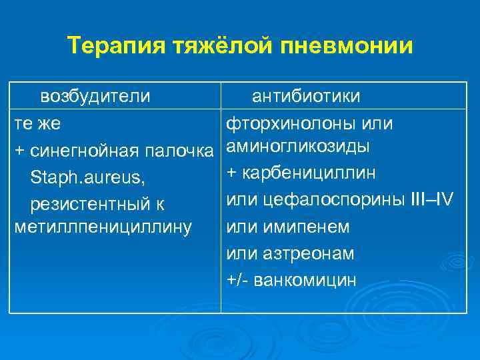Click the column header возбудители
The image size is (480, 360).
coord(95,97)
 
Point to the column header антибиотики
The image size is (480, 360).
coord(306,97)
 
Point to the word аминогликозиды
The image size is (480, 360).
coord(299,146)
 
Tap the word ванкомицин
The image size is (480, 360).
coord(310,280)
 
